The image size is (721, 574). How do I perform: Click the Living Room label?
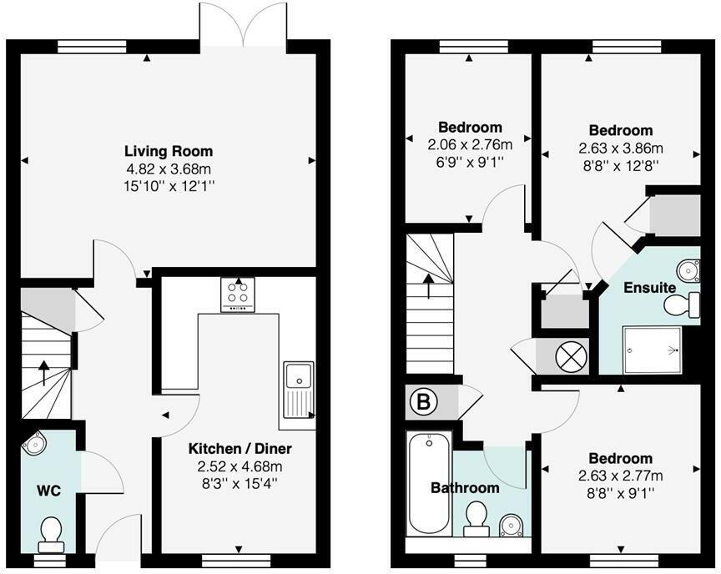click(x=169, y=151)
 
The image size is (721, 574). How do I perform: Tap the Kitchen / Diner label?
click(x=239, y=448)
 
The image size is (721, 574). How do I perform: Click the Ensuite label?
click(x=650, y=287)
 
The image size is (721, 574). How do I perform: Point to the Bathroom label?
click(x=465, y=488)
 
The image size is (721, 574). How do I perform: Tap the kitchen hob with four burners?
click(x=239, y=295)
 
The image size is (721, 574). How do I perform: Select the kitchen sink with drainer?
click(x=297, y=389)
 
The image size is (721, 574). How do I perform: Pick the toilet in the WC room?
click(x=51, y=532)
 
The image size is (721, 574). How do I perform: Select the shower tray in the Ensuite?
click(x=653, y=350)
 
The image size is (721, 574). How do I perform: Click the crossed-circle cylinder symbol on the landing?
click(x=572, y=355)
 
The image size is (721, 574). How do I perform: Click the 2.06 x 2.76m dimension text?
click(x=470, y=143)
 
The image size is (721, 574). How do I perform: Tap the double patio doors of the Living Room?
click(x=243, y=25)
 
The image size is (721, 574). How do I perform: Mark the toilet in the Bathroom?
click(x=477, y=517)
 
